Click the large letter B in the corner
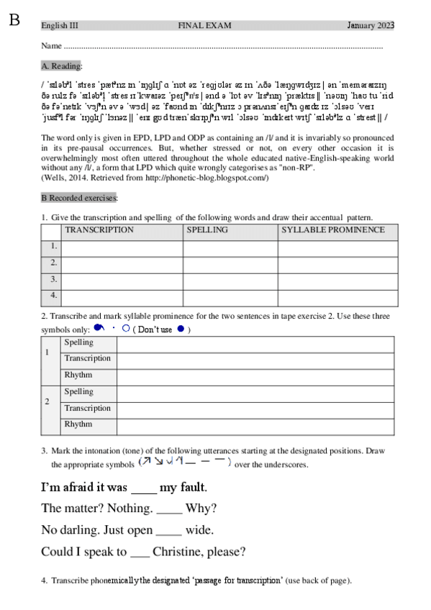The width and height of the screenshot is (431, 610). click(x=14, y=19)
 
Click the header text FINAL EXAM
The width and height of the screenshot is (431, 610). click(x=205, y=26)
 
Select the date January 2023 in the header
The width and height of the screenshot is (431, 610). click(x=371, y=26)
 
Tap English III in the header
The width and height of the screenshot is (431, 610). click(x=60, y=26)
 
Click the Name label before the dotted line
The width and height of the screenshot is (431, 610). click(x=50, y=45)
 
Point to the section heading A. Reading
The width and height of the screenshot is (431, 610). click(x=62, y=65)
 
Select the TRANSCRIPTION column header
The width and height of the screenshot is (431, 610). click(x=99, y=230)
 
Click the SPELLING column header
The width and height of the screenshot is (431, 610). click(x=207, y=230)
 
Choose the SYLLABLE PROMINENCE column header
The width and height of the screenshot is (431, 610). click(x=332, y=230)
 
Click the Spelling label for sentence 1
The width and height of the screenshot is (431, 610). click(x=78, y=342)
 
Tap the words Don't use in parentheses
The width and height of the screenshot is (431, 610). click(x=156, y=329)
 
